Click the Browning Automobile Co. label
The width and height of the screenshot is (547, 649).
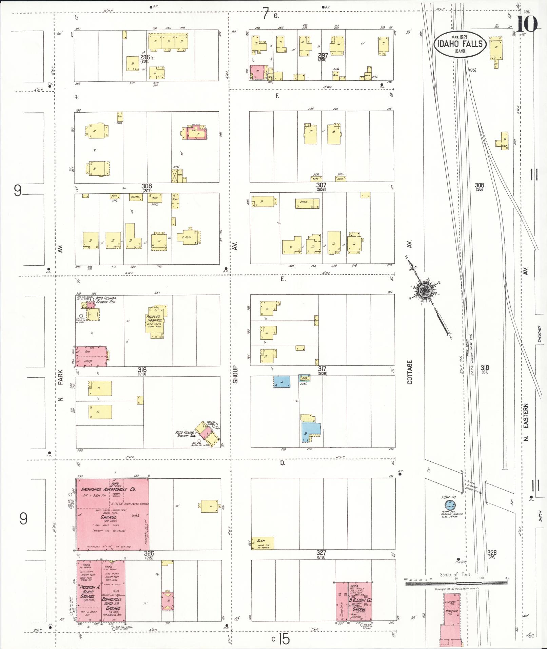(x=109, y=489)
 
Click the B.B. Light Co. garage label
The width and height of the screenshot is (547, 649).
(x=360, y=600)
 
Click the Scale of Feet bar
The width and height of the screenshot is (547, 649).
(x=456, y=583)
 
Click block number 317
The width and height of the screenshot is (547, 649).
(x=322, y=369)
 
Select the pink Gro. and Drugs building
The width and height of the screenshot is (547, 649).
(x=91, y=356)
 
